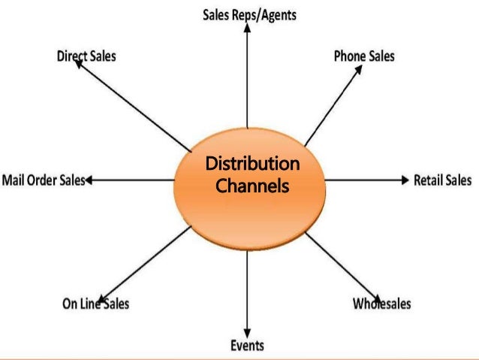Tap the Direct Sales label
click(86, 56)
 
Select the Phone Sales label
click(364, 56)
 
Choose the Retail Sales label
click(443, 180)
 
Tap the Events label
click(247, 346)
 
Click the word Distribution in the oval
click(252, 165)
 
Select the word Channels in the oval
click(252, 183)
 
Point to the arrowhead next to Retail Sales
click(405, 180)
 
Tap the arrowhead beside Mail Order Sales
click(90, 180)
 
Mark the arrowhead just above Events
click(248, 332)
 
